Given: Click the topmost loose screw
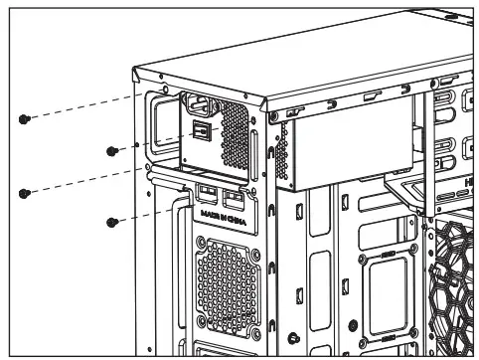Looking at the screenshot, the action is click(x=24, y=119).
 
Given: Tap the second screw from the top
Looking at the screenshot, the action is click(x=113, y=151).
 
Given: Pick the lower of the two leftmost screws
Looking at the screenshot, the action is click(x=24, y=193).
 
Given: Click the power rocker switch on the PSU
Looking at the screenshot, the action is click(x=201, y=130).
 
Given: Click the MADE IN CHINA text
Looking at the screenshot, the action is click(x=222, y=214).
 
